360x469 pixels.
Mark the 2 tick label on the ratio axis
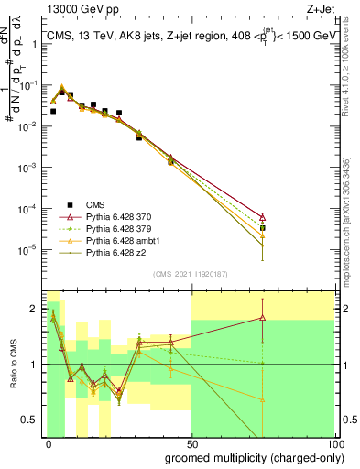tap(37, 308)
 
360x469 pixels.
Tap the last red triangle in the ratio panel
tap(263, 317)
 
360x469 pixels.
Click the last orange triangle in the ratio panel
tap(263, 399)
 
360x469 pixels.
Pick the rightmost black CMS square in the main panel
tap(263, 228)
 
